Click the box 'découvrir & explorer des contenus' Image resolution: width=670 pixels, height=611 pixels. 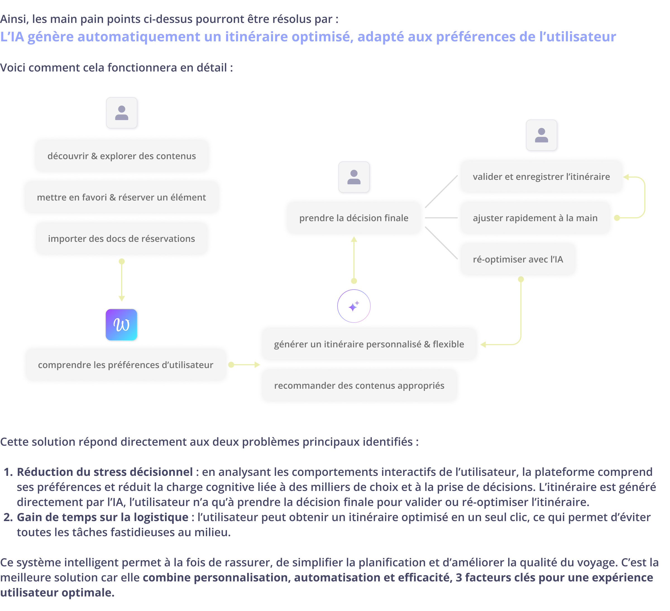point(122,156)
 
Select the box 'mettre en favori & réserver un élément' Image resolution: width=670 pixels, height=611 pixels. point(122,197)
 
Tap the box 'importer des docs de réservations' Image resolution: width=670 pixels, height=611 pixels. point(122,239)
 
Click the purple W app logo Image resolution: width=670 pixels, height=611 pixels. point(121,325)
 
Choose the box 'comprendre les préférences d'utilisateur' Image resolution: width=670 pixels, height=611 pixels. point(126,365)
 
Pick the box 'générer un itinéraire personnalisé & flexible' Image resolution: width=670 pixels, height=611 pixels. point(369,344)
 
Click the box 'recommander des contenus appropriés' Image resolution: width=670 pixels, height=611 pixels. point(359,386)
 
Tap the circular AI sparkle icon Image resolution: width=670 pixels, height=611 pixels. point(354,306)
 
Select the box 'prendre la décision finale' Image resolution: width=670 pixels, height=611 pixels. point(354,218)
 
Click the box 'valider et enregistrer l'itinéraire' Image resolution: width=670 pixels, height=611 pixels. point(541,176)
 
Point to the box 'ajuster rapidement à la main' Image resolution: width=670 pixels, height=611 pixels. point(535,218)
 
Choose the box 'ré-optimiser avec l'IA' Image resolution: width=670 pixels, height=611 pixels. point(518,259)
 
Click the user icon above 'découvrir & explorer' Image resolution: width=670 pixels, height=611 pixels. point(122,113)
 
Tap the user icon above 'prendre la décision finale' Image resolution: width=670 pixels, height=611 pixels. point(354,177)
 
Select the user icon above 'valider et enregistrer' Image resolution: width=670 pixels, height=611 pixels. point(542,136)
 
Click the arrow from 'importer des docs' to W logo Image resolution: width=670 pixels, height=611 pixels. point(122,281)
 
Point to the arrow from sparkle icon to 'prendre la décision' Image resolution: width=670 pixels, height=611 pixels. point(354,259)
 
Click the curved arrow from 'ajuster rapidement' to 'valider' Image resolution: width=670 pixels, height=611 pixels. point(644,197)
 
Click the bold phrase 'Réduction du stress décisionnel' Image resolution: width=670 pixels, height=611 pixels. point(105,472)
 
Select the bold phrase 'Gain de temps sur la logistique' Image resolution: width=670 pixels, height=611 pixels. point(102,517)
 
